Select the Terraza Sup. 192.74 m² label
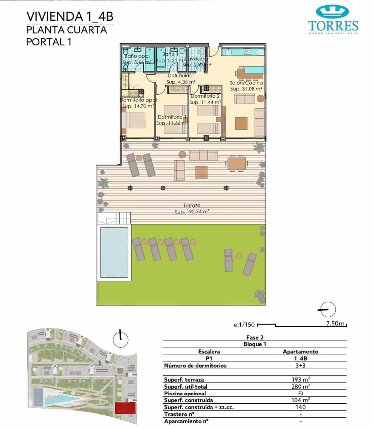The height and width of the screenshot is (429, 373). click(x=192, y=208)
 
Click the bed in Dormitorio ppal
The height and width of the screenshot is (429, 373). click(x=134, y=120)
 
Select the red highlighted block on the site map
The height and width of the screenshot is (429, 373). click(x=125, y=408)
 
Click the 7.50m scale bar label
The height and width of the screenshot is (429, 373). click(x=335, y=324)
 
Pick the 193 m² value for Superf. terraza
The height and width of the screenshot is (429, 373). click(x=300, y=379)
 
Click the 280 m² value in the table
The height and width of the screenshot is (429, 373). click(x=300, y=386)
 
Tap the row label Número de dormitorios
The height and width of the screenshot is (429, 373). click(x=195, y=365)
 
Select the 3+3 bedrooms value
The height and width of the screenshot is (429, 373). click(x=300, y=365)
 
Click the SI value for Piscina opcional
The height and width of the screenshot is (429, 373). click(x=300, y=393)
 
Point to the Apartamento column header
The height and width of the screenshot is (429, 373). click(x=300, y=351)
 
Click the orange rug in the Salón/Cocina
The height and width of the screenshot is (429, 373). click(x=241, y=124)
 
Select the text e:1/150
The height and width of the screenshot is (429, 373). click(x=244, y=325)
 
